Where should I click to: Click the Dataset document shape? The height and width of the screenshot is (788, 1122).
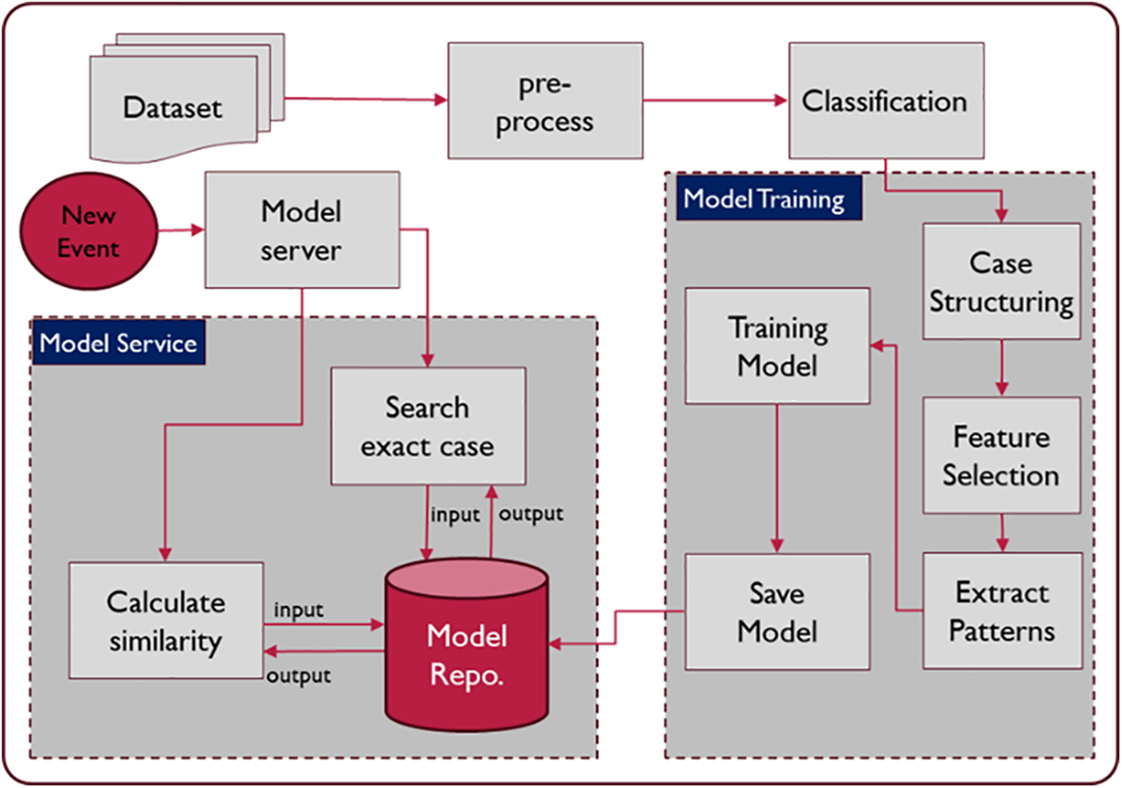(173, 107)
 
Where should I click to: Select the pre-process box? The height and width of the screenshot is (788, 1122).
(545, 101)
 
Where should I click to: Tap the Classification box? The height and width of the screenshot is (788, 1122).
(886, 101)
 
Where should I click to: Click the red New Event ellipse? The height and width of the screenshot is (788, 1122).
(88, 231)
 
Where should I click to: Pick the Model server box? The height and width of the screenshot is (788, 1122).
(301, 230)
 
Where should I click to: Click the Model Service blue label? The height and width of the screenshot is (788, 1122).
(119, 343)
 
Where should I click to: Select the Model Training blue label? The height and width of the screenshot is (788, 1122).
(765, 199)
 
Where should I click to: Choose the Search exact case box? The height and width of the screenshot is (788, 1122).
(428, 426)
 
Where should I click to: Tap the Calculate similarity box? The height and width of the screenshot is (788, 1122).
(166, 621)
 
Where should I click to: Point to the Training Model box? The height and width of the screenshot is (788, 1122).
(777, 346)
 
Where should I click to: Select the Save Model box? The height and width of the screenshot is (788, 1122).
(777, 612)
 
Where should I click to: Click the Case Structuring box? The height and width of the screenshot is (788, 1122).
(1001, 281)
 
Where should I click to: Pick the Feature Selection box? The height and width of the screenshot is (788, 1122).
(1001, 456)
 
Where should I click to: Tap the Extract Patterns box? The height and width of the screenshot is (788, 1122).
(1002, 611)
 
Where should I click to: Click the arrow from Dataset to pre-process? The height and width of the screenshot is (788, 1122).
(365, 99)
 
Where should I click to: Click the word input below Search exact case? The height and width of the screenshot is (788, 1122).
(455, 515)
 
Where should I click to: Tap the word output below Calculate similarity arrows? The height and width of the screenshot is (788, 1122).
(299, 676)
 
